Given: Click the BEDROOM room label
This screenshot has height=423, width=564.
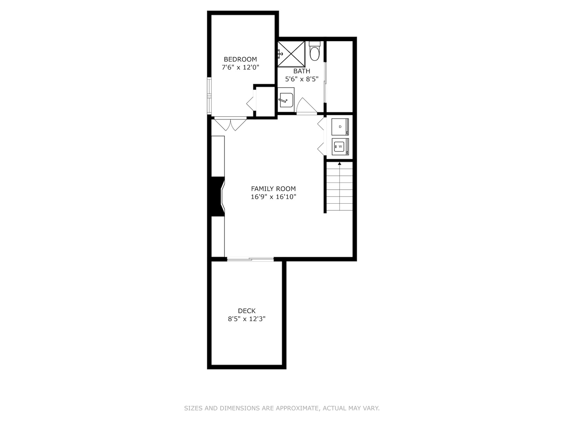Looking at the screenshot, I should pyautogui.click(x=240, y=59).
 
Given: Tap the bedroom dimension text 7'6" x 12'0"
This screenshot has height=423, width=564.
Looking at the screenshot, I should pyautogui.click(x=240, y=67).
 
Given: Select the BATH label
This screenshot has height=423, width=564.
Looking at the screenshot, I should pyautogui.click(x=302, y=71).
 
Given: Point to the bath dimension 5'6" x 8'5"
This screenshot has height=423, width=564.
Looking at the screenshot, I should pyautogui.click(x=302, y=79).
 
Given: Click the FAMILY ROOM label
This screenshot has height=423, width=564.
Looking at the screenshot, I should pyautogui.click(x=273, y=188).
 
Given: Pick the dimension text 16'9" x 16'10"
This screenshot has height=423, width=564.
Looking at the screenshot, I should pyautogui.click(x=273, y=197).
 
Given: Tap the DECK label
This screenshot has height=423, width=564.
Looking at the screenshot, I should pyautogui.click(x=247, y=311).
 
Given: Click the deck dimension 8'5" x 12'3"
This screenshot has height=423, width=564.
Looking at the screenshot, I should pyautogui.click(x=247, y=319).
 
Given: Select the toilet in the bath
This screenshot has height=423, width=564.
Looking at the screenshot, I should pyautogui.click(x=315, y=52).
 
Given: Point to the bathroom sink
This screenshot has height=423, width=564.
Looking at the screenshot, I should pyautogui.click(x=286, y=100).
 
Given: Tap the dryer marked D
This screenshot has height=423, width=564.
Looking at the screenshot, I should pyautogui.click(x=340, y=127).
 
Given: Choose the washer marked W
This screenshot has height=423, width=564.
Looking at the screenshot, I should pyautogui.click(x=340, y=146).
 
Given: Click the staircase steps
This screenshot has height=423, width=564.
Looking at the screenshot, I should pyautogui.click(x=339, y=188).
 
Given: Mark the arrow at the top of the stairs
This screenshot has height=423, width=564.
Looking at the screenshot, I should pyautogui.click(x=339, y=164).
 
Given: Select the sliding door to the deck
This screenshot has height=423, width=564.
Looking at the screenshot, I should pyautogui.click(x=250, y=259).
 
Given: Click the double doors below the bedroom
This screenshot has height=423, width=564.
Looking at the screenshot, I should pyautogui.click(x=230, y=124).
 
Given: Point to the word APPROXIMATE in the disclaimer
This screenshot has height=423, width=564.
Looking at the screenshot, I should pyautogui.click(x=297, y=408).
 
